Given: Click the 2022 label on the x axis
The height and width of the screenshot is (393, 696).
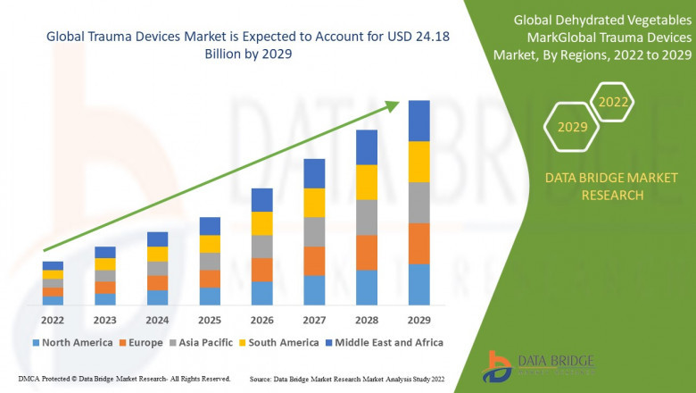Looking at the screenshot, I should (53, 320).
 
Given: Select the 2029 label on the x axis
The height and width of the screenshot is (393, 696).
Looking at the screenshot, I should (418, 320).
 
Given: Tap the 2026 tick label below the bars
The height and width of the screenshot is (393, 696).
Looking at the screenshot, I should (261, 320).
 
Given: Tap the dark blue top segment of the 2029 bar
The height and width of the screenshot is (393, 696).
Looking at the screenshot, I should (418, 121).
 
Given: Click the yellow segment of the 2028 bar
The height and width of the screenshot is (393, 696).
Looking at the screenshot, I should (367, 182).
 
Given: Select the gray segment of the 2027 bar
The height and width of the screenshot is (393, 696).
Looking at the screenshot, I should (314, 231).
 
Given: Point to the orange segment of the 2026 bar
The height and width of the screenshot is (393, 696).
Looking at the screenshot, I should (261, 270).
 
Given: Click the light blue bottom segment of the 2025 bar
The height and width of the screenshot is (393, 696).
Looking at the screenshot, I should (210, 296).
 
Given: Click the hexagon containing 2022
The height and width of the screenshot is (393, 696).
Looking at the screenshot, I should (614, 102).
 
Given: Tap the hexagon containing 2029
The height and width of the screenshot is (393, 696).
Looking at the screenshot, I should (573, 127).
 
